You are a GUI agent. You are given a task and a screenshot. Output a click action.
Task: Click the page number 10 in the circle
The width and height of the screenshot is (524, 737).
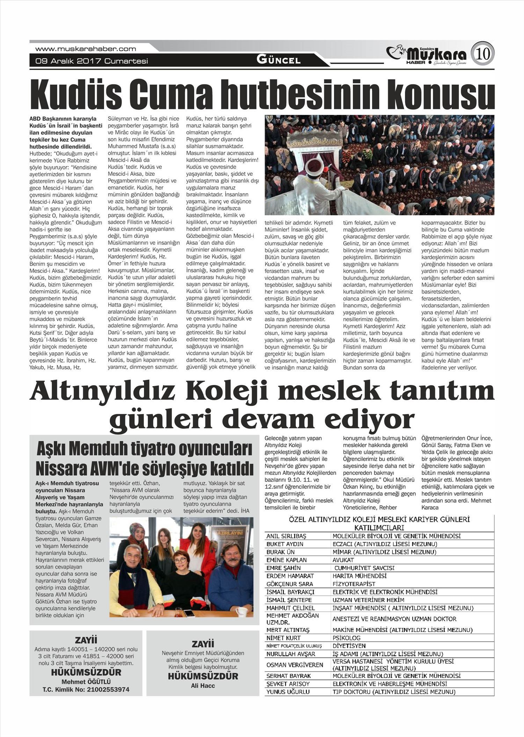483,54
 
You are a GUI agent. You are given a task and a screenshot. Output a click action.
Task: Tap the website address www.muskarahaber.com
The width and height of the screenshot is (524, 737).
86,49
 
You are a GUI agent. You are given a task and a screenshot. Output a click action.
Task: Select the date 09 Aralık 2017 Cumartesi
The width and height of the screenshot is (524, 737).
92,61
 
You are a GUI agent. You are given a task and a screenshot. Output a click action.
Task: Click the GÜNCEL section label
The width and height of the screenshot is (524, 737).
278,60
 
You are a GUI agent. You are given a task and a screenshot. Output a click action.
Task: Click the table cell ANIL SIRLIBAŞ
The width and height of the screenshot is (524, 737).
286,536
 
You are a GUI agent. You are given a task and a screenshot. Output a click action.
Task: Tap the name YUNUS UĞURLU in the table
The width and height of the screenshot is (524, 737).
288,692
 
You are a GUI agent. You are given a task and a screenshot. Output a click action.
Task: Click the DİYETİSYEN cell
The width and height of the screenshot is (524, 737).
349,646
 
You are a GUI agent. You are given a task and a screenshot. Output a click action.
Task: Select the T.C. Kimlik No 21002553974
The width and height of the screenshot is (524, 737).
86,689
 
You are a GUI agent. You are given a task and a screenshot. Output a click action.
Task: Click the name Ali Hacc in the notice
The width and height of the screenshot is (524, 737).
203,686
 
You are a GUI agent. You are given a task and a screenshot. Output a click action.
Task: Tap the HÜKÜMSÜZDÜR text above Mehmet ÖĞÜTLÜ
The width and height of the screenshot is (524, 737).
86,672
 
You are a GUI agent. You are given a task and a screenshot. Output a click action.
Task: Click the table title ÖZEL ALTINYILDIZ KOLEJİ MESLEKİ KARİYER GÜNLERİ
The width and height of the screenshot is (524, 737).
379,520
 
